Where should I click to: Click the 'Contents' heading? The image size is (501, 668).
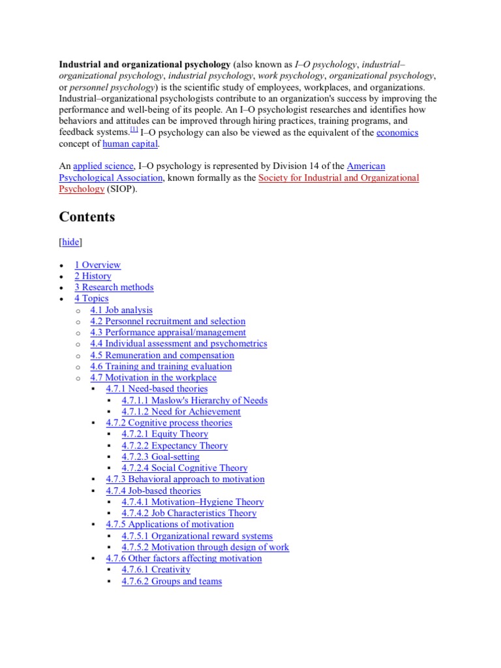[87, 217]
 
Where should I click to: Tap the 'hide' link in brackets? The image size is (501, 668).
[71, 242]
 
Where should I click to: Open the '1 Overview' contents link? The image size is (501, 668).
[97, 265]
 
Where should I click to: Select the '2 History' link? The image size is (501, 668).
[93, 276]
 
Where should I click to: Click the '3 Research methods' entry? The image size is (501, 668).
[114, 287]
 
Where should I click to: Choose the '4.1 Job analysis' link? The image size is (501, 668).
[121, 310]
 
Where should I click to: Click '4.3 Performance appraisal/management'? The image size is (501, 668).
[168, 332]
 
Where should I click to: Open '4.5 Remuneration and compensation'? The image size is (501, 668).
[162, 355]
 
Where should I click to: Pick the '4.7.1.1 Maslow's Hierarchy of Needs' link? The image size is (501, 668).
[194, 400]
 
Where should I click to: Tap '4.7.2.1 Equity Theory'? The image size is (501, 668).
[164, 434]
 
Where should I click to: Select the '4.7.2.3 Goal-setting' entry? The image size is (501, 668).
[160, 457]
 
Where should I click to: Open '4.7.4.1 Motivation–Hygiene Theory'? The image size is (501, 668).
[192, 502]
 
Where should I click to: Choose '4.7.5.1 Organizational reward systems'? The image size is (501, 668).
[197, 536]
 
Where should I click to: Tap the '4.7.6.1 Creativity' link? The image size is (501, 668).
[156, 569]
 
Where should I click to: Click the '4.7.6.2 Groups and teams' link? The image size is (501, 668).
[172, 581]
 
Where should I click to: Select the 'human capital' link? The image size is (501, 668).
[130, 144]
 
